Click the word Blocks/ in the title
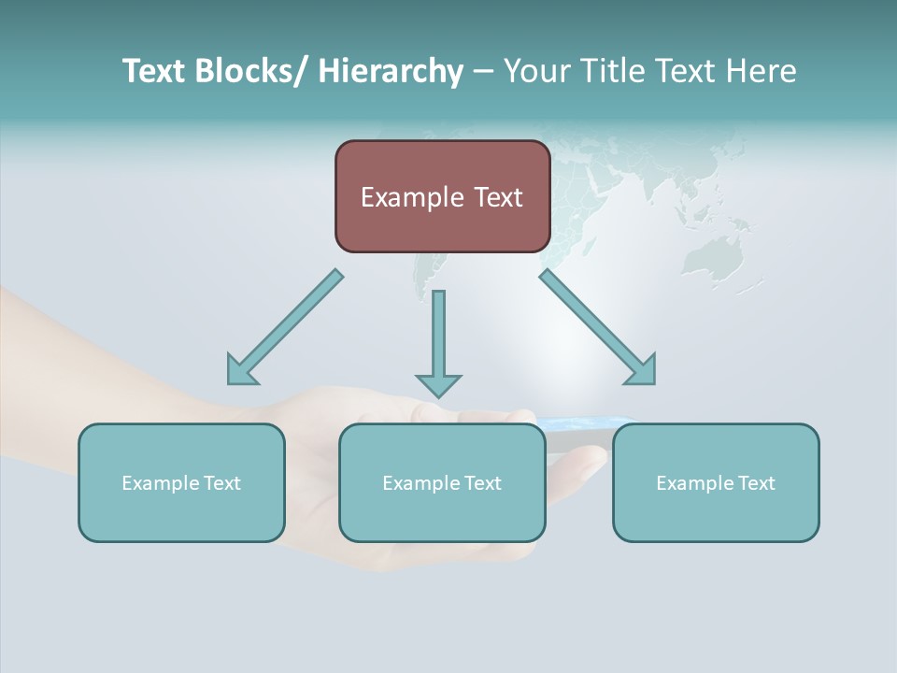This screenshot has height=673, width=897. click(x=250, y=71)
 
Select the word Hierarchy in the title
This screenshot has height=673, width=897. click(x=391, y=71)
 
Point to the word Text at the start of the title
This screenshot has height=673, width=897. click(x=154, y=71)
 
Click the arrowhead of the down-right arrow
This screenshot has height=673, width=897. click(x=643, y=371)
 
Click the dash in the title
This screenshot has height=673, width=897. click(x=483, y=72)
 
